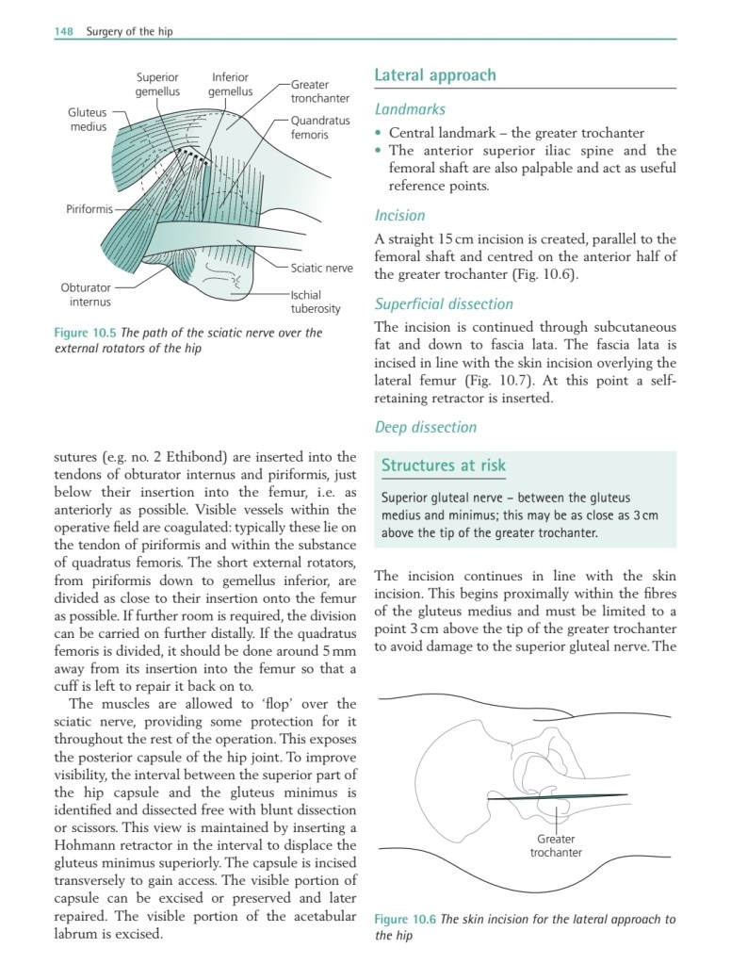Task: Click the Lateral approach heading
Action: click(x=434, y=75)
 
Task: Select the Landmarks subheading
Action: click(x=410, y=109)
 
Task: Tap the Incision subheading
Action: click(x=399, y=216)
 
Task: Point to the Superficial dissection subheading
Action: click(x=444, y=304)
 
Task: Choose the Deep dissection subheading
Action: click(x=426, y=427)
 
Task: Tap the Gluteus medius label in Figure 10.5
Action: click(x=88, y=119)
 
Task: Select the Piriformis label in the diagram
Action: click(x=89, y=208)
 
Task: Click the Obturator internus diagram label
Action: click(x=86, y=294)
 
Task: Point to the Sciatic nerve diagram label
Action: click(x=321, y=268)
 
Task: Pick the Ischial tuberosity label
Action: click(x=315, y=301)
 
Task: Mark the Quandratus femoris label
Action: click(x=319, y=127)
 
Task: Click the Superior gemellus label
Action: click(x=157, y=84)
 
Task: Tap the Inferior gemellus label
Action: click(x=231, y=84)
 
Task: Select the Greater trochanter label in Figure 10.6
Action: click(x=556, y=845)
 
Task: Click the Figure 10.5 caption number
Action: click(x=88, y=333)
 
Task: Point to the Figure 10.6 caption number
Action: click(x=406, y=920)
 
